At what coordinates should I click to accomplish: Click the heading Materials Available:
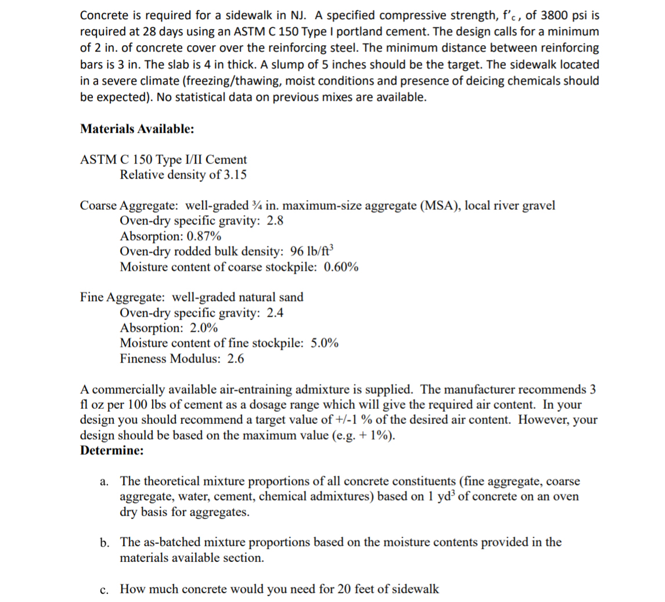coord(137,129)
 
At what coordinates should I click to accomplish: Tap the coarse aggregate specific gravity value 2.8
coord(275,221)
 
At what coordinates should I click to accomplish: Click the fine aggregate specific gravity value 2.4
coord(275,313)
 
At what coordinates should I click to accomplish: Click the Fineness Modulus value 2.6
coord(236,358)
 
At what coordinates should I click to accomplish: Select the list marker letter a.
coord(104,481)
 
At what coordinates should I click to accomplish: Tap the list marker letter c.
coord(104,590)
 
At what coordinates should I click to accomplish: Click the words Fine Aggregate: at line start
coord(122,298)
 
